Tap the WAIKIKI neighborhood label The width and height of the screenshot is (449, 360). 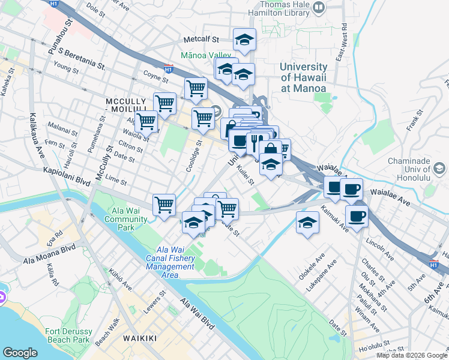tap(140, 338)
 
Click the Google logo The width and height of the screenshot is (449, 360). tap(20, 352)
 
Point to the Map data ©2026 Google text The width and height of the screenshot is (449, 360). tap(411, 355)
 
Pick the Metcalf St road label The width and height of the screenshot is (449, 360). tap(200, 40)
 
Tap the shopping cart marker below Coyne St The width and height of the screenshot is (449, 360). tap(196, 89)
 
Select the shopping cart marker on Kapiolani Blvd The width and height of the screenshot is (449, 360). tap(164, 205)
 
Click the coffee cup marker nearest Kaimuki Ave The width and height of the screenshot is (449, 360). tap(357, 216)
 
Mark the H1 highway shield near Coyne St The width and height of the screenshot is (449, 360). tap(169, 69)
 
